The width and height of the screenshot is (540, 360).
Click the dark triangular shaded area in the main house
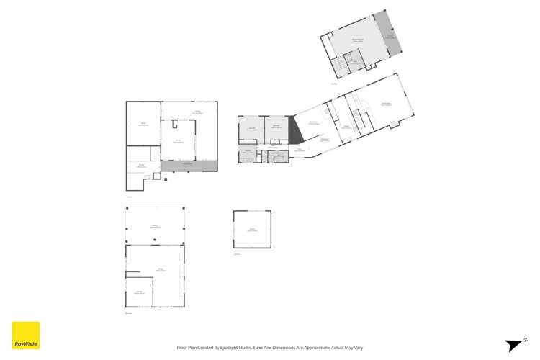click(294, 132)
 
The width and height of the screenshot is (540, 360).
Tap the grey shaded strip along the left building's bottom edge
click(189, 166)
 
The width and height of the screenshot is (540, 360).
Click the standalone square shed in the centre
click(252, 230)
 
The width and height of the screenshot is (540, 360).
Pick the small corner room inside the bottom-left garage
click(140, 291)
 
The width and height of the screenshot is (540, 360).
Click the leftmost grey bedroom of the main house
click(252, 129)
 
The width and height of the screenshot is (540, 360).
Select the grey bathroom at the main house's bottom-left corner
click(247, 153)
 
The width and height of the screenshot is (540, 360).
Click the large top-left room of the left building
click(143, 124)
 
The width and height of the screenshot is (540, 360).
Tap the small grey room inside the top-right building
click(354, 63)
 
